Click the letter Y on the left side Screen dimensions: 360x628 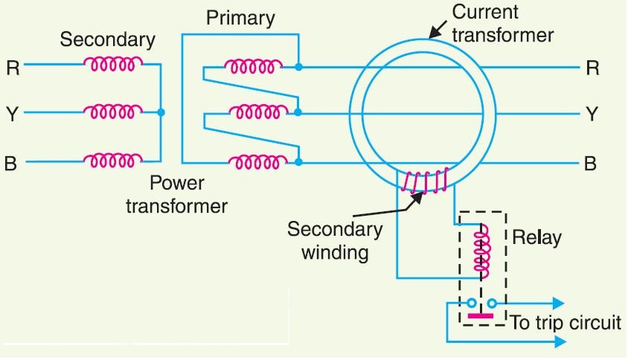13,114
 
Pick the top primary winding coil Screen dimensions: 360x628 254,67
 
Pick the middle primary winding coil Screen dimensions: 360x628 254,113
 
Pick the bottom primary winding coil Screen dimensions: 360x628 254,160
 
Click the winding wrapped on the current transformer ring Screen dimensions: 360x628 426,181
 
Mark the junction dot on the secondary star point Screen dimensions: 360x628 161,113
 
